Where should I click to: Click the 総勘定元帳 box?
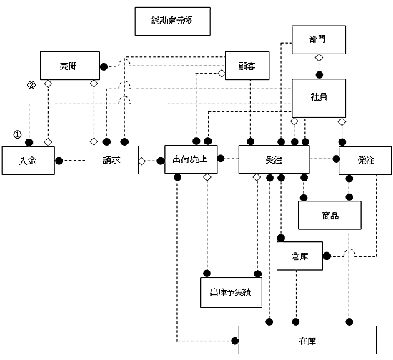click(x=173, y=21)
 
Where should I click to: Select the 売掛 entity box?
click(x=70, y=66)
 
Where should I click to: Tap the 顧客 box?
click(x=247, y=66)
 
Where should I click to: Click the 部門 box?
click(x=319, y=39)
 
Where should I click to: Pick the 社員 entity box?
click(x=319, y=98)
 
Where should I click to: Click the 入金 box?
click(x=29, y=161)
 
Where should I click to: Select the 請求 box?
click(x=112, y=160)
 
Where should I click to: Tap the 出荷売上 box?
click(x=191, y=159)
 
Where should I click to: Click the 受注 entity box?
click(x=274, y=159)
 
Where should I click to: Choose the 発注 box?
click(x=365, y=161)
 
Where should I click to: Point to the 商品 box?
click(x=329, y=215)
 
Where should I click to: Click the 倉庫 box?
click(x=299, y=256)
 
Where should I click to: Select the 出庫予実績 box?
click(x=231, y=292)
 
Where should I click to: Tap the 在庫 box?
click(x=307, y=340)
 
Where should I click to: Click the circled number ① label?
click(x=17, y=135)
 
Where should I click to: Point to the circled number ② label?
click(x=31, y=86)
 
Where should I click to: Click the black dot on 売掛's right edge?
click(x=104, y=66)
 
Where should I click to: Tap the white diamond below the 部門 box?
click(x=319, y=58)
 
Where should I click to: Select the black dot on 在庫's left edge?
click(x=235, y=341)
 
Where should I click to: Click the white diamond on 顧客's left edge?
click(x=222, y=74)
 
